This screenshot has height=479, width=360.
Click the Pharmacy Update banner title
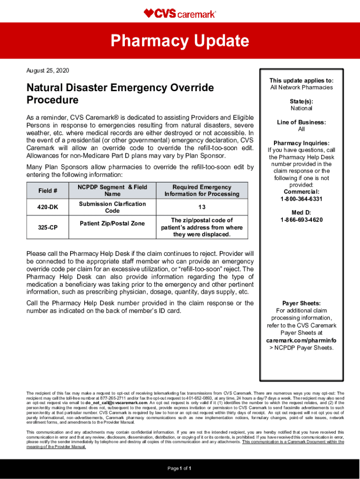[x=180, y=41]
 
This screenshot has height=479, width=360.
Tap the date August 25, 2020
[x=48, y=71]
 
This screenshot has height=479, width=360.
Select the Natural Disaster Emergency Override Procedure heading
[x=120, y=94]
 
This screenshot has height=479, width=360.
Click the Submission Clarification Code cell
[x=112, y=207]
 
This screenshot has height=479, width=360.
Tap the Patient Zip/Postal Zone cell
[x=112, y=224]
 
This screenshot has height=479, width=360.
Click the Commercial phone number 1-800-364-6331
[x=301, y=199]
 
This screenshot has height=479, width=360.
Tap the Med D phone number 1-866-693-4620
[x=301, y=220]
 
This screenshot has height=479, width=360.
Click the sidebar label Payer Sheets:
[x=301, y=304]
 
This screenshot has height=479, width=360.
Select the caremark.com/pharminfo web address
[x=301, y=340]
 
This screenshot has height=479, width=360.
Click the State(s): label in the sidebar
[x=301, y=101]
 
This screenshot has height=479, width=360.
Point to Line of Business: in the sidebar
[x=301, y=123]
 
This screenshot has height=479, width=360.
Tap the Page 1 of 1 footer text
[x=180, y=468]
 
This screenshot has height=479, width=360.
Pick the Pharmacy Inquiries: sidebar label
[x=301, y=143]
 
